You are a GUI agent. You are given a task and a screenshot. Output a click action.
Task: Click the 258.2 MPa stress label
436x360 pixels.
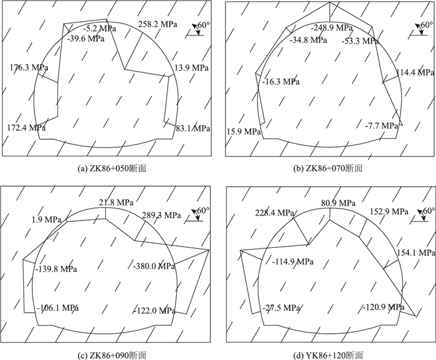coord(156,25)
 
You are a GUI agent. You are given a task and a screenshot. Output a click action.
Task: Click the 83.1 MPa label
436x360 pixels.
coord(193,129)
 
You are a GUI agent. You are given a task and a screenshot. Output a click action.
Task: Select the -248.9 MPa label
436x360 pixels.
coord(332,28)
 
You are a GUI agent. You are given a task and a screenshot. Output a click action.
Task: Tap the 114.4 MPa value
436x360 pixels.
coord(414,72)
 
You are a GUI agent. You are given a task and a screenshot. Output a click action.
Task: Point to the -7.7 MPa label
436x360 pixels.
coord(381,126)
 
